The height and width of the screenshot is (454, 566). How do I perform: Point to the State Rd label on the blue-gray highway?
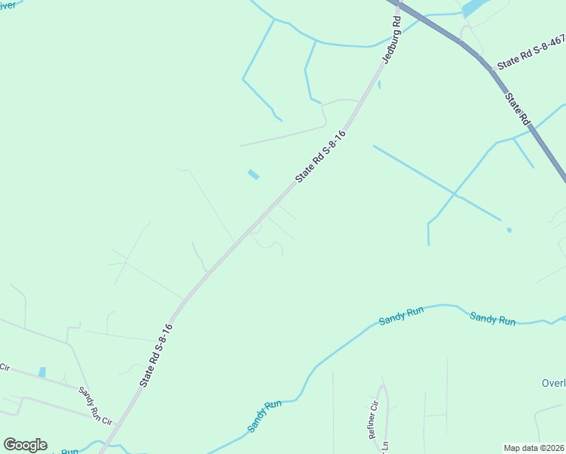(x=518, y=110)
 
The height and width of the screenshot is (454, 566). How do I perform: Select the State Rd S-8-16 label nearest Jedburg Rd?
(x=320, y=157)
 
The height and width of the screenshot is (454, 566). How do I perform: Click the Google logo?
(x=25, y=445)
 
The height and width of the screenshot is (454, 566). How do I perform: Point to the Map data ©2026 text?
(x=534, y=448)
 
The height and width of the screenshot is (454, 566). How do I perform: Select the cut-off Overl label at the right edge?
(x=553, y=383)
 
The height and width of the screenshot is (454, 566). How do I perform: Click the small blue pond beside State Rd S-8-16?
(x=253, y=175)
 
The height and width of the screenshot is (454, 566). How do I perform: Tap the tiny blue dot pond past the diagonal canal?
(x=509, y=230)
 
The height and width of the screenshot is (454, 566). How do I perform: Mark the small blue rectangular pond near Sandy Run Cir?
(x=42, y=372)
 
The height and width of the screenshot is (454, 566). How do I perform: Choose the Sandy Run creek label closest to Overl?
(x=493, y=319)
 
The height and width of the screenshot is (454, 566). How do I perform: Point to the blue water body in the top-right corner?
(x=474, y=7)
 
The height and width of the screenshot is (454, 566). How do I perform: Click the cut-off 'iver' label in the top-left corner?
(x=7, y=5)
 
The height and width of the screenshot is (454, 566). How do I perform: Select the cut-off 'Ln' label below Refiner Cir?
(x=384, y=447)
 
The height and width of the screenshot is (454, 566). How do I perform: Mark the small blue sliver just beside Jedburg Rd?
(x=378, y=85)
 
